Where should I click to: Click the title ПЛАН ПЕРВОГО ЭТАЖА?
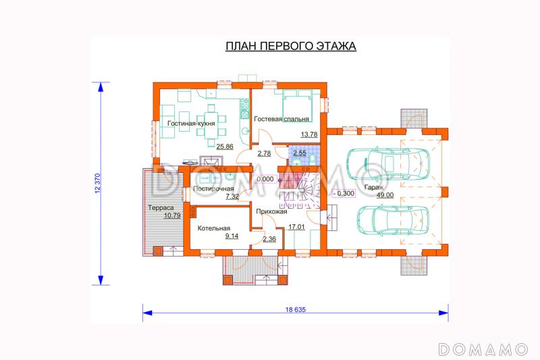291,46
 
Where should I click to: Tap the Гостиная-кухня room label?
191,124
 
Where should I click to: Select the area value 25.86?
225,147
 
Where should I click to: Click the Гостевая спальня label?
281,119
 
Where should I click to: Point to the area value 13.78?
309,134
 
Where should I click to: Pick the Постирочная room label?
213,188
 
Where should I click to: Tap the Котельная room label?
214,228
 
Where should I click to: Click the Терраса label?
161,208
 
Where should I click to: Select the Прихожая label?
271,211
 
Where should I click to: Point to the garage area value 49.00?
385,195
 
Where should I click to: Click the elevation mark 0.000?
265,179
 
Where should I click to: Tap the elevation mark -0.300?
344,193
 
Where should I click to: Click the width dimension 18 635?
296,309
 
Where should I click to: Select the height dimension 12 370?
97,183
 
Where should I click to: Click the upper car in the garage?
388,163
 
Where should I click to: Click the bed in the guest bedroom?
297,105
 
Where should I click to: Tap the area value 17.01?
296,227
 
